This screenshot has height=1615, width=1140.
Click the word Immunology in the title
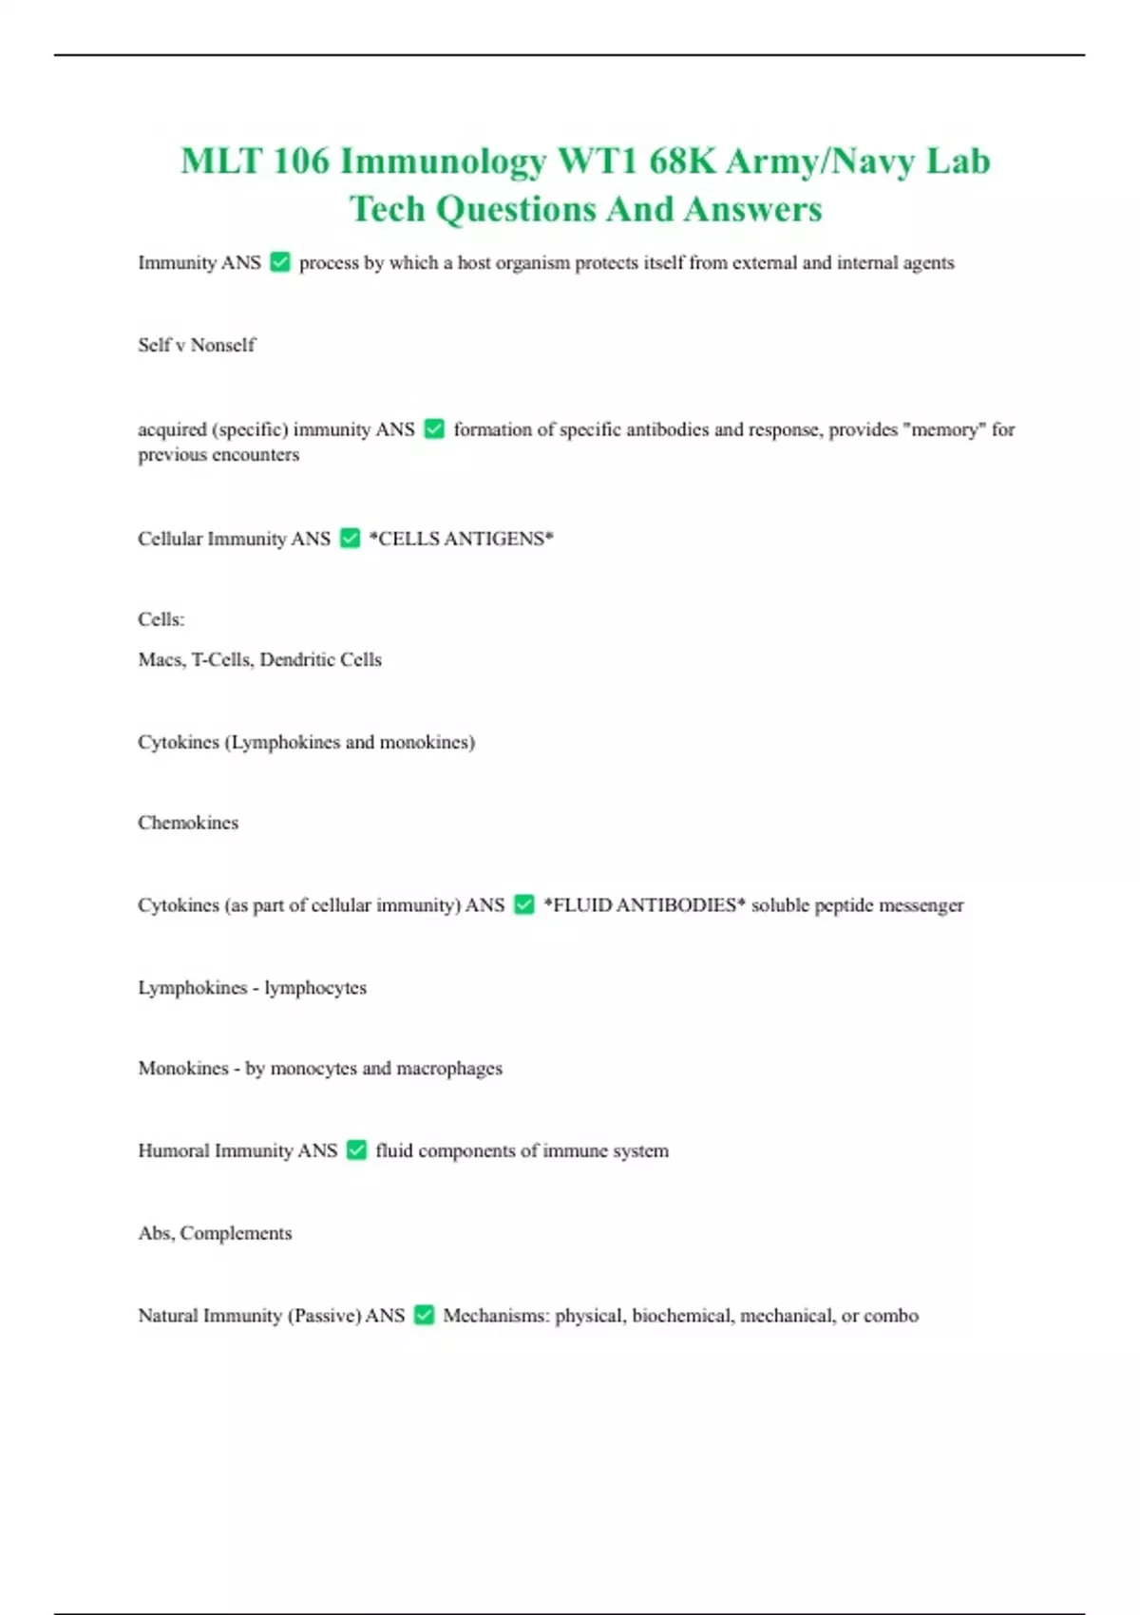click(x=443, y=161)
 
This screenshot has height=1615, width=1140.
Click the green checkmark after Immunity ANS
click(x=280, y=262)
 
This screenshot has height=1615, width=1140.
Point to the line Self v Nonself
click(x=197, y=345)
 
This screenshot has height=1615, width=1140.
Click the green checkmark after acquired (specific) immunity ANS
click(x=434, y=429)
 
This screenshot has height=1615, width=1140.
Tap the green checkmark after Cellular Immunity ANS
click(x=350, y=539)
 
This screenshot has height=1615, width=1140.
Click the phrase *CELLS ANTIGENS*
click(x=461, y=539)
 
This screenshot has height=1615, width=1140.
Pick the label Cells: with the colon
click(x=161, y=619)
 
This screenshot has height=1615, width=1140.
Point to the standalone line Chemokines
click(x=188, y=823)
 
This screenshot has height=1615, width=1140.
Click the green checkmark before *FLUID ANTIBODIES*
click(x=524, y=905)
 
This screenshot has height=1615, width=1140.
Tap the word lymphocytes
click(x=315, y=988)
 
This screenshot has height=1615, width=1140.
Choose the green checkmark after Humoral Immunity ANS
click(x=356, y=1150)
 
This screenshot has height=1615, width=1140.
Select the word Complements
click(x=236, y=1233)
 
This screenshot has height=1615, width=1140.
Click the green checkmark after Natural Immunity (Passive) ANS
click(x=424, y=1316)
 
